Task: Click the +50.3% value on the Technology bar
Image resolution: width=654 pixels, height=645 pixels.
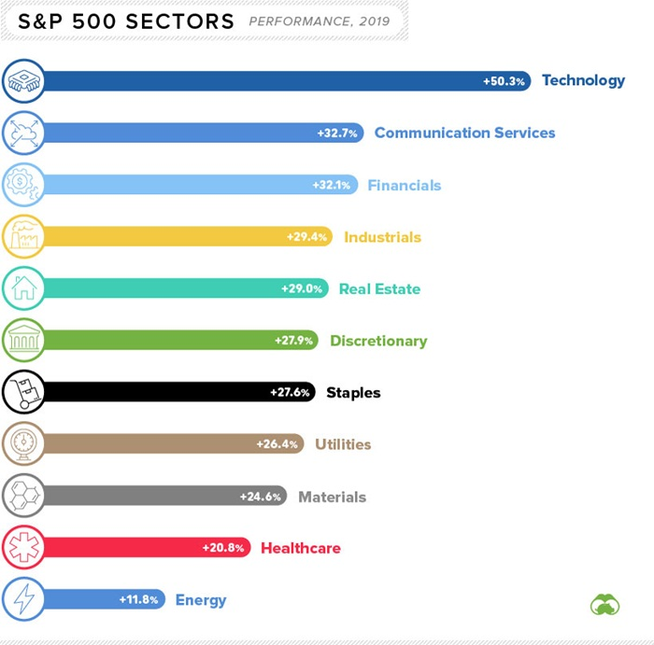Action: pyautogui.click(x=505, y=81)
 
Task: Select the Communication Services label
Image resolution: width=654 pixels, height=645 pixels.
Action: pyautogui.click(x=464, y=133)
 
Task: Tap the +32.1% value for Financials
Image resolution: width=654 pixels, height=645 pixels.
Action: pyautogui.click(x=332, y=185)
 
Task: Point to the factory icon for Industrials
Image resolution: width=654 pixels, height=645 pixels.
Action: pyautogui.click(x=22, y=236)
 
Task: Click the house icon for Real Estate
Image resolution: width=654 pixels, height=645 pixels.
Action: pyautogui.click(x=22, y=288)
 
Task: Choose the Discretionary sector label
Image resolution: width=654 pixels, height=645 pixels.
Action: pyautogui.click(x=378, y=341)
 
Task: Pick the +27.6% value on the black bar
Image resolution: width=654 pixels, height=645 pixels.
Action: pyautogui.click(x=291, y=393)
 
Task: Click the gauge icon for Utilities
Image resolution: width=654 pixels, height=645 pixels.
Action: pyautogui.click(x=22, y=444)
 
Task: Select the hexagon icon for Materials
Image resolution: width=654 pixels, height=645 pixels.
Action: pyautogui.click(x=22, y=497)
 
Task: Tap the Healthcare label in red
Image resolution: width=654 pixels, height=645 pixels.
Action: pyautogui.click(x=300, y=548)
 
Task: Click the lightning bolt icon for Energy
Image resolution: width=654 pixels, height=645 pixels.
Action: pyautogui.click(x=22, y=599)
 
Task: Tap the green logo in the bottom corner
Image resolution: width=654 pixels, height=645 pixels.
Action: pyautogui.click(x=605, y=605)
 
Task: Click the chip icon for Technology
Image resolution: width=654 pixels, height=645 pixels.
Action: pyautogui.click(x=22, y=81)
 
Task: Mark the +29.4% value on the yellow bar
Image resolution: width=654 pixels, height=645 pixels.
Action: pyautogui.click(x=308, y=237)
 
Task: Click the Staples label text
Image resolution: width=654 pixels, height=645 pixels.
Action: pyautogui.click(x=353, y=393)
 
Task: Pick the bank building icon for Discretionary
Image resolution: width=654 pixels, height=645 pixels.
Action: pyautogui.click(x=22, y=341)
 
